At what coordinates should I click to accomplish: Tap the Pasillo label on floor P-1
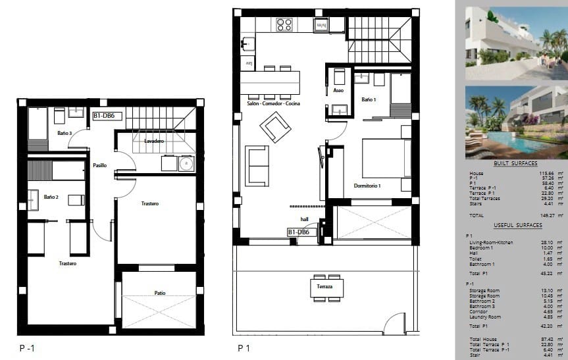pyautogui.click(x=99, y=165)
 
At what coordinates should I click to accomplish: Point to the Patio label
pyautogui.click(x=160, y=293)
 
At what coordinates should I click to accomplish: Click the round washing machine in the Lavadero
pyautogui.click(x=186, y=163)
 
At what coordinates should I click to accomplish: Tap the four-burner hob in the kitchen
pyautogui.click(x=284, y=25)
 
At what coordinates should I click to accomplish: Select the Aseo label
pyautogui.click(x=338, y=90)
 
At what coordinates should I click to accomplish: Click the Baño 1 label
pyautogui.click(x=369, y=99)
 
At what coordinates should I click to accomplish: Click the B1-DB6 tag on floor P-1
pyautogui.click(x=105, y=116)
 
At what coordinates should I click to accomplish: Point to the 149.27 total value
pyautogui.click(x=546, y=215)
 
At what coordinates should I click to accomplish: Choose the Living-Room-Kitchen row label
pyautogui.click(x=491, y=242)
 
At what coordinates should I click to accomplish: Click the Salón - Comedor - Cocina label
pyautogui.click(x=273, y=105)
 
